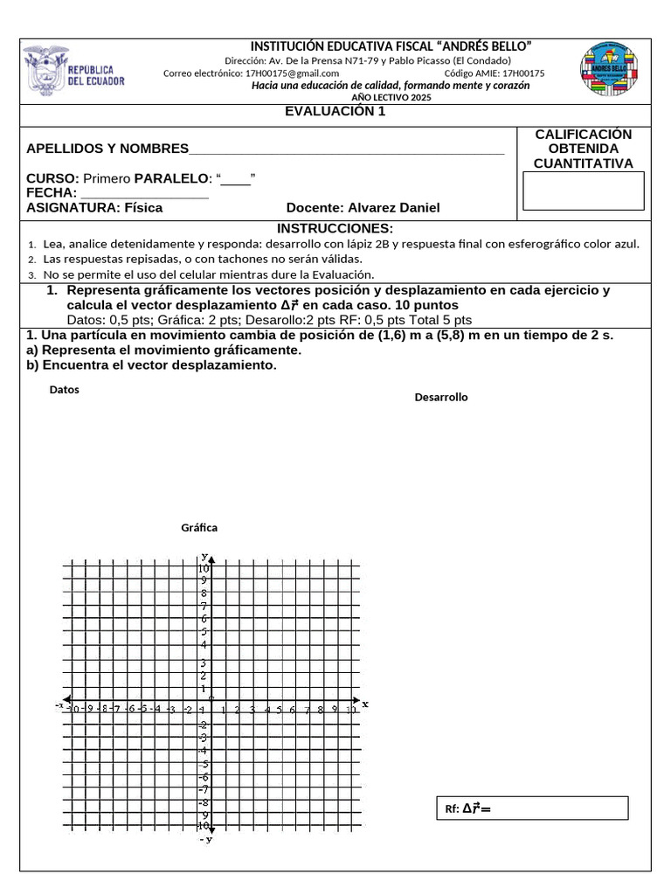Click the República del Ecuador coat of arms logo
tap(74, 71)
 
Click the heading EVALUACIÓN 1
tap(335, 111)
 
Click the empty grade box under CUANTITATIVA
tap(583, 191)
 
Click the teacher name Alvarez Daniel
tap(394, 207)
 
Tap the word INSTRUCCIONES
tap(335, 228)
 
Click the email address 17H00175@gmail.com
tap(292, 73)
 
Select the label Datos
tap(65, 390)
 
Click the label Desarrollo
tap(441, 397)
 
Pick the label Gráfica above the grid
tap(199, 527)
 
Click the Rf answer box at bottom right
tap(532, 808)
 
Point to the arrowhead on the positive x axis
tap(356, 701)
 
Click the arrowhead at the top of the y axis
tap(211, 557)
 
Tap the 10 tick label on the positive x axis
tap(350, 711)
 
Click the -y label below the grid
tap(206, 839)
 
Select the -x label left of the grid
tap(59, 704)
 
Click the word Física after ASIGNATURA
tap(143, 207)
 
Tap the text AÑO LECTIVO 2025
tap(391, 97)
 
